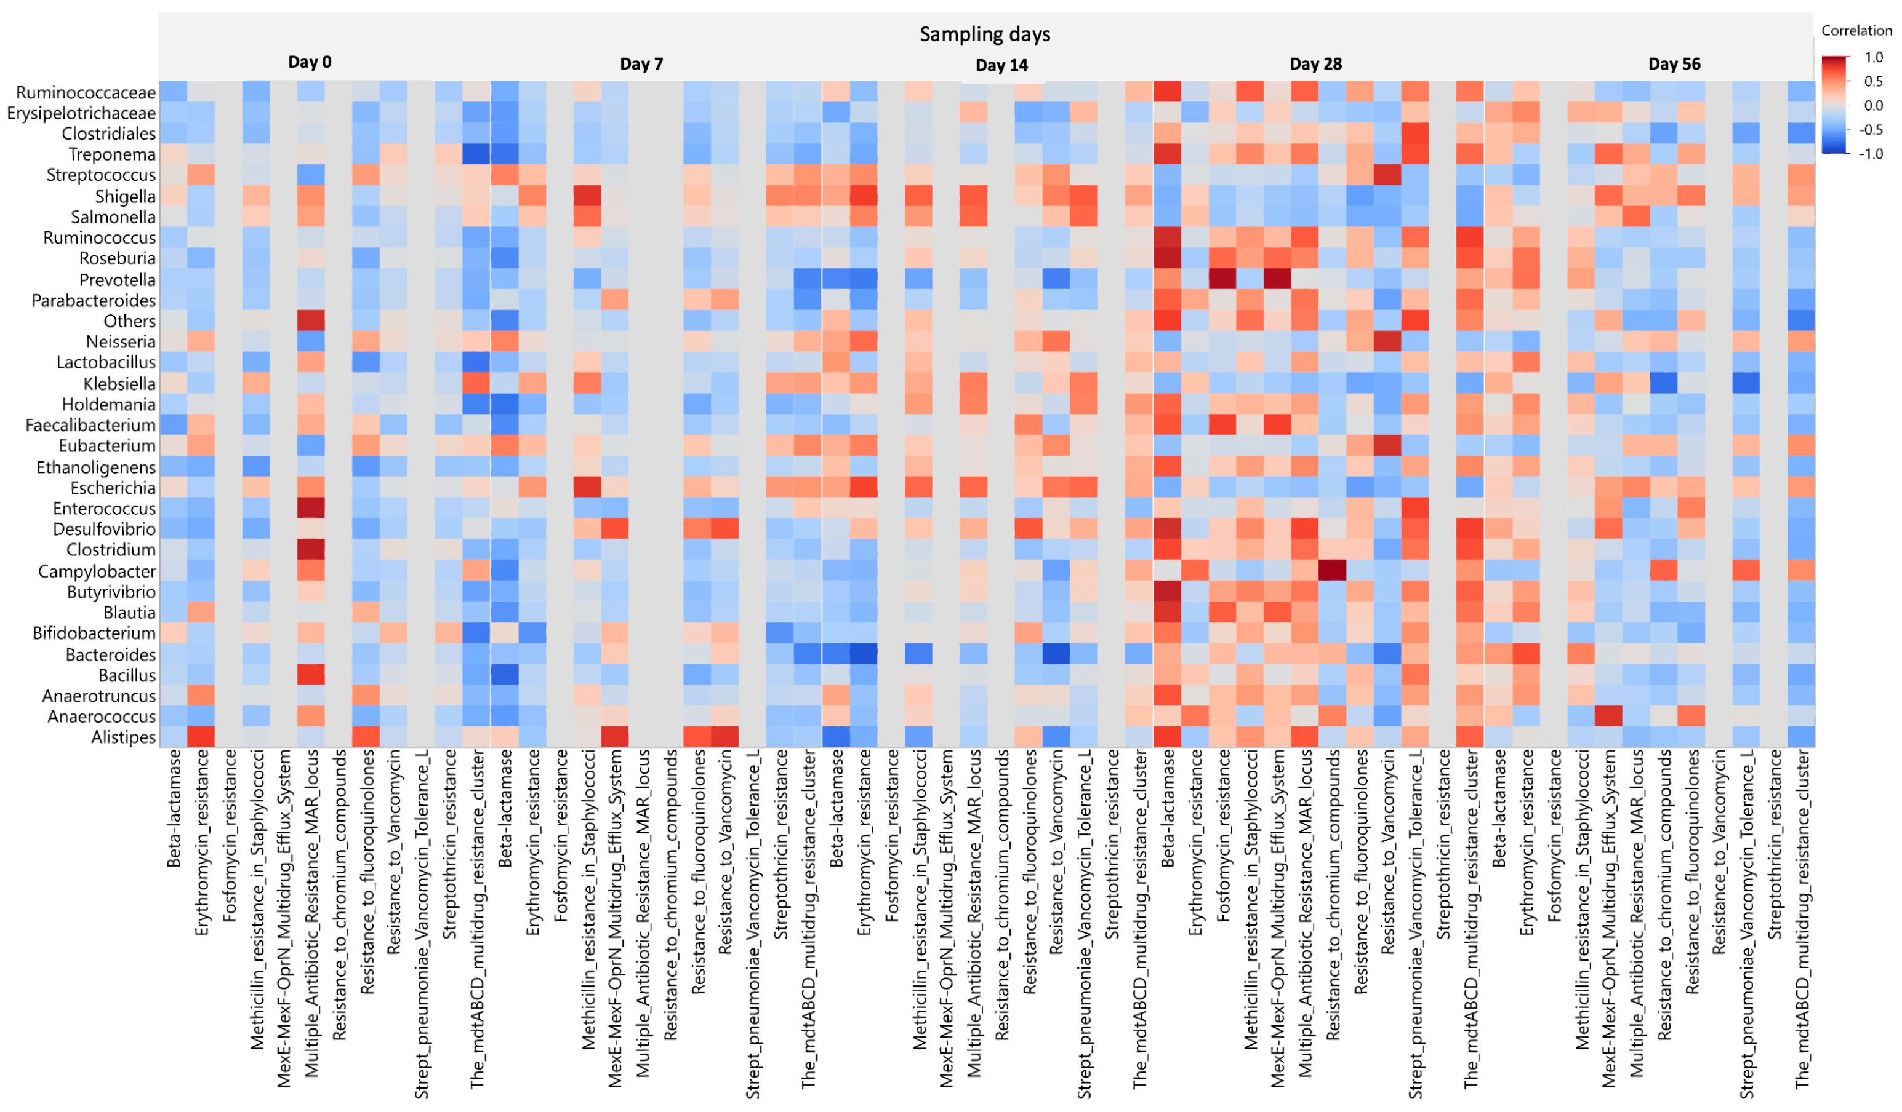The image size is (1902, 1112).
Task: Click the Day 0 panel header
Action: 310,62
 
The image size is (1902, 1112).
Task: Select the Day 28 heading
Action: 1315,64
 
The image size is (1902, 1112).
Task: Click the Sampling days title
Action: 984,34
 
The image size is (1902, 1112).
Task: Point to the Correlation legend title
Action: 1856,31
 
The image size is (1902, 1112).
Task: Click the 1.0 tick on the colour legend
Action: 1872,57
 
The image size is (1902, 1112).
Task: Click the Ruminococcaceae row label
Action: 86,93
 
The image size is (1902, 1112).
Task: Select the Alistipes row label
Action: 123,737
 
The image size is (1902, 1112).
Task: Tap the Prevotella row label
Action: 117,280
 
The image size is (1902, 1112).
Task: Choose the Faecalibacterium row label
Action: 90,426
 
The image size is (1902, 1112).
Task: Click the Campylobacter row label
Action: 97,571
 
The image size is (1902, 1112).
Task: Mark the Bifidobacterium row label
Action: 94,633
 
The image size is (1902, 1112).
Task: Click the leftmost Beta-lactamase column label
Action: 174,807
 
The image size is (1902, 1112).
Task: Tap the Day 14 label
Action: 1001,66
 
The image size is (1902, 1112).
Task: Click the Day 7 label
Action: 641,64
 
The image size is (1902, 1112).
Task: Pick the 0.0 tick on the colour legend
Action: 1872,106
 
